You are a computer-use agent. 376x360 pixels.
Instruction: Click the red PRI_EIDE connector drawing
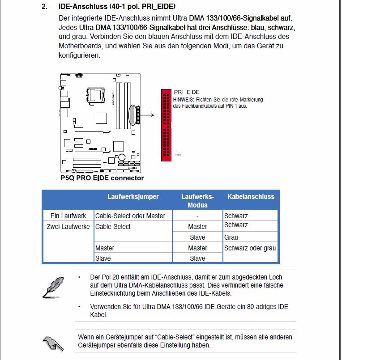(x=166, y=125)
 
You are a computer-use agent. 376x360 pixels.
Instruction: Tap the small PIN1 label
(x=178, y=155)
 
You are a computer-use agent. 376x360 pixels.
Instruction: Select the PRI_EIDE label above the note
(x=187, y=92)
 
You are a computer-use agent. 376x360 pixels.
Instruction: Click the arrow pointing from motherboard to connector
(x=147, y=115)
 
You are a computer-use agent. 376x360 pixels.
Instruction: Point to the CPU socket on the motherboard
(x=95, y=95)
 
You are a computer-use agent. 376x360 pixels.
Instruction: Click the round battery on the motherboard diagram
(x=122, y=157)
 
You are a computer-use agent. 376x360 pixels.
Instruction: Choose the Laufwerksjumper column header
(x=133, y=197)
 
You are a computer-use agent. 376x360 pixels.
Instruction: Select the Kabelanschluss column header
(x=251, y=197)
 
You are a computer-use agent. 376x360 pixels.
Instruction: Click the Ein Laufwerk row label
(x=68, y=216)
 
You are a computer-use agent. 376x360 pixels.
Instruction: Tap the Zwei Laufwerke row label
(x=68, y=227)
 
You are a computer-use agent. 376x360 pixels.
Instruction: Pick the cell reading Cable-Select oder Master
(x=130, y=216)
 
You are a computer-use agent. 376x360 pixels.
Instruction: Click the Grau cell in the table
(x=231, y=237)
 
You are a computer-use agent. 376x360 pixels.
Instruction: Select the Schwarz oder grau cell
(x=250, y=248)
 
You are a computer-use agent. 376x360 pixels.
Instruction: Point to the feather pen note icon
(x=53, y=288)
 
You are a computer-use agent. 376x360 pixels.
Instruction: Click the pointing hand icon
(x=53, y=344)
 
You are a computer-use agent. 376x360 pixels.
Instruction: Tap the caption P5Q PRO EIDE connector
(x=102, y=178)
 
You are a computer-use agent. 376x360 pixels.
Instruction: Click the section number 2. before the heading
(x=44, y=6)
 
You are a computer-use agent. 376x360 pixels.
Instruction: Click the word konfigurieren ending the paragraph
(x=79, y=55)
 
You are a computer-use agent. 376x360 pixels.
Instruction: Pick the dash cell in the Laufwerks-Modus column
(x=197, y=216)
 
